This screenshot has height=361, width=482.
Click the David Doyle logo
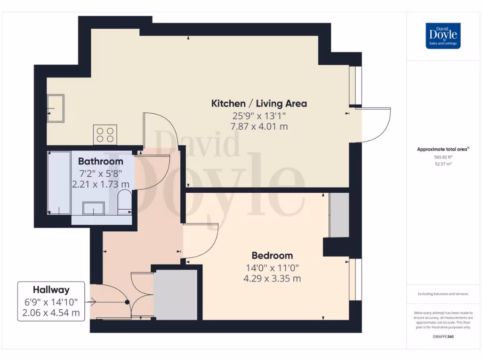(x=443, y=36)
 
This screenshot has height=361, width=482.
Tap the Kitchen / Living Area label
(x=259, y=103)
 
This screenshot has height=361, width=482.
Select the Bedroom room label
(x=272, y=256)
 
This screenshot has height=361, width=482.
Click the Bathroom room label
(x=101, y=162)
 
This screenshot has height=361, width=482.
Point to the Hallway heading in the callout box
(x=51, y=290)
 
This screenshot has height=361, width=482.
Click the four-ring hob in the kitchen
(x=105, y=134)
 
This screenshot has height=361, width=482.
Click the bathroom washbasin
(x=93, y=208)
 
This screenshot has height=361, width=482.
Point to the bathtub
(x=59, y=183)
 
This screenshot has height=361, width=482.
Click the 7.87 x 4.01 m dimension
(x=259, y=126)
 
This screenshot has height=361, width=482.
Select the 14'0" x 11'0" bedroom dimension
(x=272, y=268)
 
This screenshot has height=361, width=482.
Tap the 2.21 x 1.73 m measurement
(x=101, y=184)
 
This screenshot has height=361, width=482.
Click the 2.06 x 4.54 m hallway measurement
(x=51, y=313)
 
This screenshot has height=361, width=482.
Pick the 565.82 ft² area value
(x=443, y=157)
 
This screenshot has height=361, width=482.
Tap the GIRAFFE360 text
(x=443, y=337)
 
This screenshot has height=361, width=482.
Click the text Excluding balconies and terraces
(x=443, y=294)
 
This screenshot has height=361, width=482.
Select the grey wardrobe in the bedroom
(x=339, y=215)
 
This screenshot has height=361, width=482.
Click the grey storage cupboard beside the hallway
(x=176, y=295)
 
